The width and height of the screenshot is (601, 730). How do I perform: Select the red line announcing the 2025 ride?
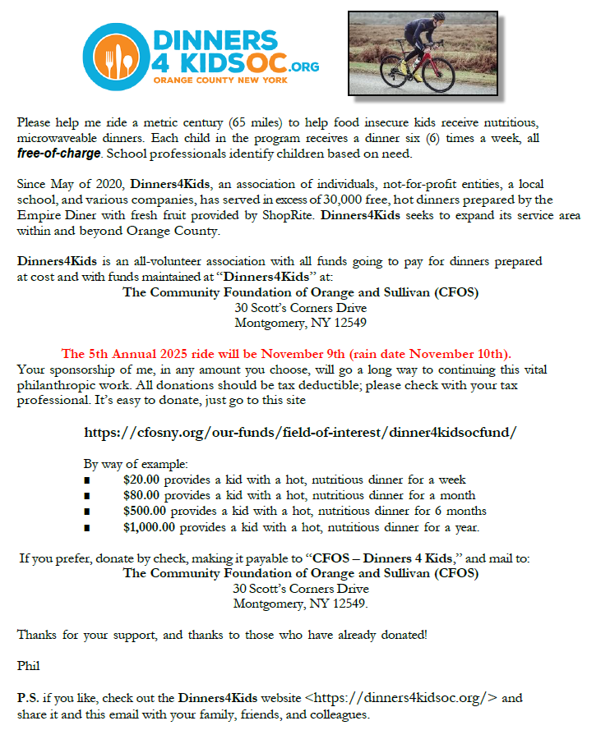[x=287, y=354]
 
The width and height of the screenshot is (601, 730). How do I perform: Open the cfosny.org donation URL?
[x=300, y=431]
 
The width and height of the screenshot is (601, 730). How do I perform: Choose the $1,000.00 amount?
[x=149, y=526]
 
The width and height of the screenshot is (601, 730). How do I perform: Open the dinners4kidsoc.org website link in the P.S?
[x=401, y=698]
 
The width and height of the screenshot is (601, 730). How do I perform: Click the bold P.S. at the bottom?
[x=27, y=698]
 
